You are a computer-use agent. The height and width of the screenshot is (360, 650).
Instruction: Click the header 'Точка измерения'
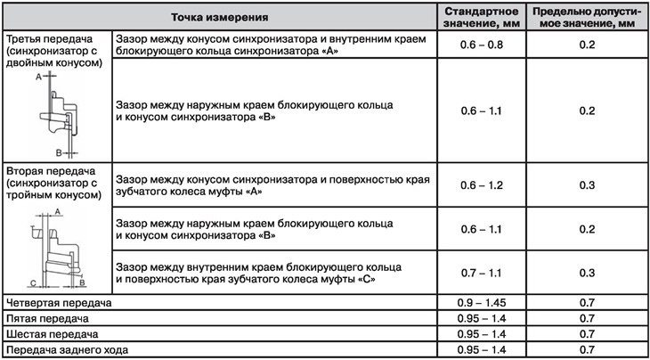(219, 16)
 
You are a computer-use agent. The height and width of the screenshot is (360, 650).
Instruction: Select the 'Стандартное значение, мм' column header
(481, 16)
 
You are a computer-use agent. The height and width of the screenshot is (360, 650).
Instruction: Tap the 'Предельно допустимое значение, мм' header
(586, 16)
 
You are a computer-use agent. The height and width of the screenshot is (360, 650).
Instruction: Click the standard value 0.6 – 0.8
(481, 45)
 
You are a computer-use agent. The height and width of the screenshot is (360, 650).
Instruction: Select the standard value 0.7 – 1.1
(481, 272)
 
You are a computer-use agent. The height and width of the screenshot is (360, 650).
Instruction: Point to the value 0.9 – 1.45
(481, 302)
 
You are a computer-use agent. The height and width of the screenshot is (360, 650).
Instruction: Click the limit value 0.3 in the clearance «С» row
(586, 272)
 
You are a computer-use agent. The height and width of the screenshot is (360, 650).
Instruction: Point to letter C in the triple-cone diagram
(32, 282)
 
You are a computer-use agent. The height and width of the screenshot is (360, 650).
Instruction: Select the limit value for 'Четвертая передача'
(586, 302)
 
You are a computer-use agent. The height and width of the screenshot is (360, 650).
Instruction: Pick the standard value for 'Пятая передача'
(481, 318)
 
